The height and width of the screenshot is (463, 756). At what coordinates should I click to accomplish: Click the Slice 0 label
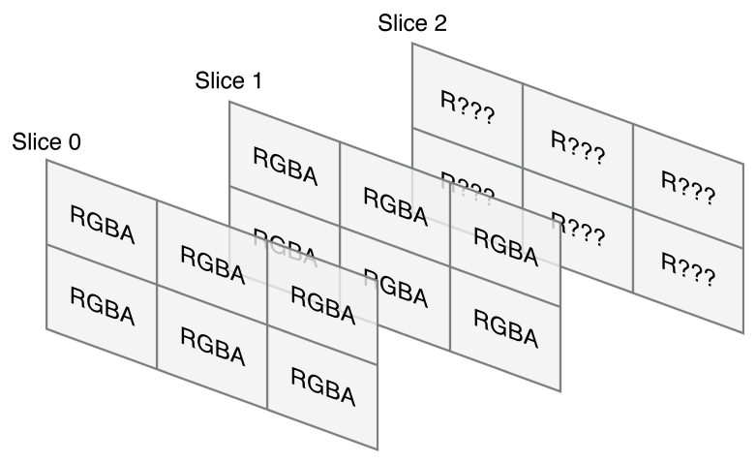pyautogui.click(x=46, y=142)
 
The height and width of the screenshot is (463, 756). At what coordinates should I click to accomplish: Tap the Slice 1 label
pyautogui.click(x=229, y=80)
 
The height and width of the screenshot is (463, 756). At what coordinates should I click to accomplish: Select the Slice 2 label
pyautogui.click(x=412, y=23)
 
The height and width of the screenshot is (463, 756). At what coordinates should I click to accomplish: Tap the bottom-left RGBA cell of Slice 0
pyautogui.click(x=102, y=309)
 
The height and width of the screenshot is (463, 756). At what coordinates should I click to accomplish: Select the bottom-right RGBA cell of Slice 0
pyautogui.click(x=322, y=392)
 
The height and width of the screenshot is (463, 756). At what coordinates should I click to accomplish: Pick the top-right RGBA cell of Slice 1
pyautogui.click(x=505, y=249)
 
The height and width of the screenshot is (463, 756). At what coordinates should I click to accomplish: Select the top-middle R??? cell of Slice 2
pyautogui.click(x=578, y=148)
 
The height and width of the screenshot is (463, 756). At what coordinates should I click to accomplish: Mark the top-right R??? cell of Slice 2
pyautogui.click(x=688, y=191)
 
